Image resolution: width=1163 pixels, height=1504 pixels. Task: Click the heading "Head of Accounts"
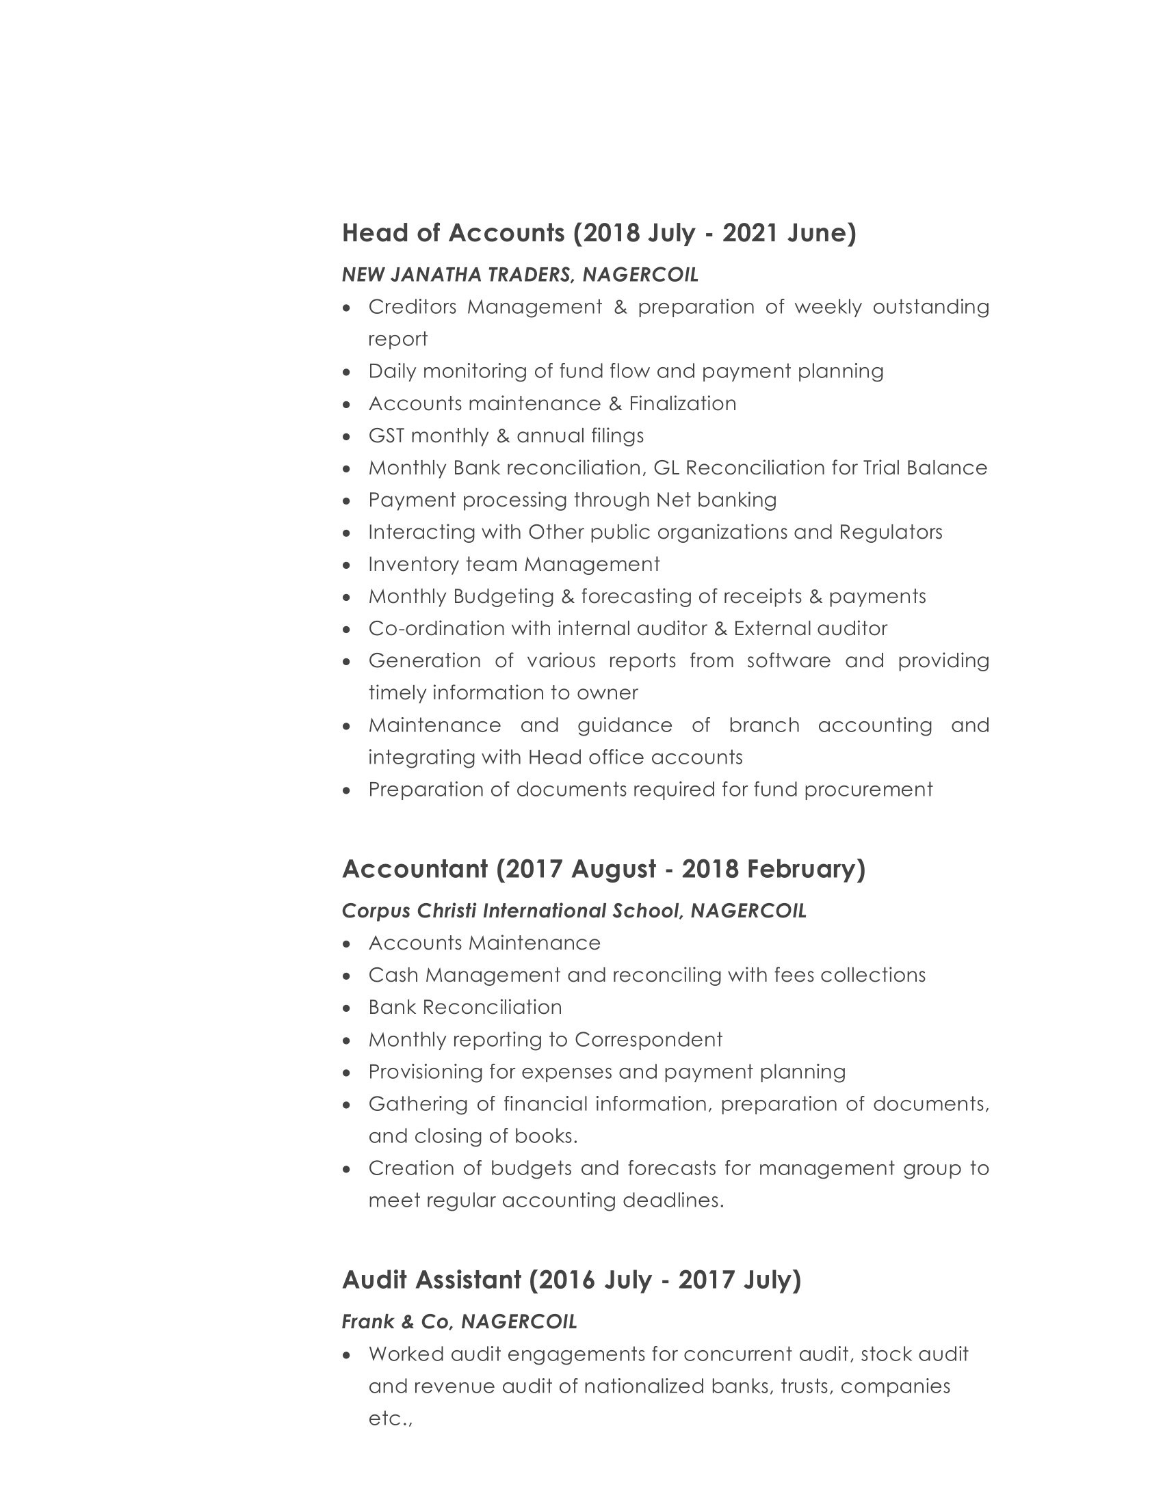point(454,233)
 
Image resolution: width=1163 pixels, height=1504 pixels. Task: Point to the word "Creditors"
point(412,307)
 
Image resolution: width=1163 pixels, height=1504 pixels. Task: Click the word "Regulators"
point(890,533)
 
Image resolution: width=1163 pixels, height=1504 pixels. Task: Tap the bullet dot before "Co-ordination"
point(347,630)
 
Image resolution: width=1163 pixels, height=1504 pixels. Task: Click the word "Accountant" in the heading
point(415,870)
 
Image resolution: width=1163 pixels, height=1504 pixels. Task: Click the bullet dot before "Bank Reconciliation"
point(347,1009)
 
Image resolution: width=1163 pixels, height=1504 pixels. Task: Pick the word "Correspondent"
point(648,1040)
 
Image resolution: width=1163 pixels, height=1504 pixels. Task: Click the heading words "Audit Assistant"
point(431,1280)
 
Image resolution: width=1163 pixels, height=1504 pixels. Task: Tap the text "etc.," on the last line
point(390,1419)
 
